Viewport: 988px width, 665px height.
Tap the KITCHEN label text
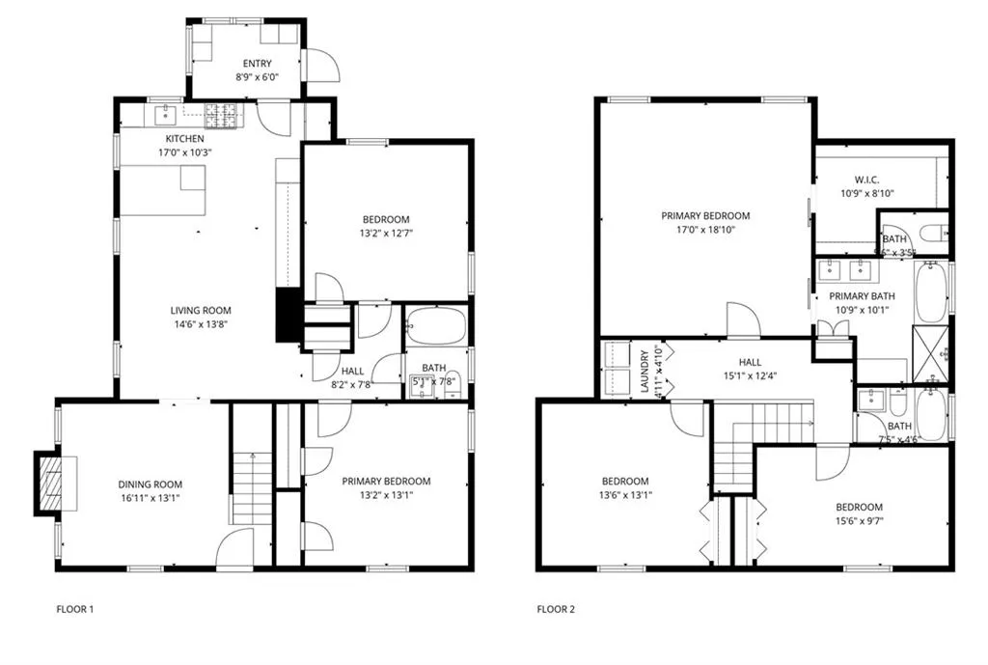(183, 139)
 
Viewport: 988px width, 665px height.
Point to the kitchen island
(163, 190)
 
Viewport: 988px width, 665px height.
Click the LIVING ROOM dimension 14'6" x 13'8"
(201, 325)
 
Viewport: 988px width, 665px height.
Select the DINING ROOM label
(150, 485)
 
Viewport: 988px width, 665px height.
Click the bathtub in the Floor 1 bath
(434, 326)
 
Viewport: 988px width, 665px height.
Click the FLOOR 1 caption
(75, 609)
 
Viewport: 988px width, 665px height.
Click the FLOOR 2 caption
(556, 609)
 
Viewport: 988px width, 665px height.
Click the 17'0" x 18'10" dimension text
(704, 230)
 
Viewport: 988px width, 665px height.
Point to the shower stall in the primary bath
(930, 354)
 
